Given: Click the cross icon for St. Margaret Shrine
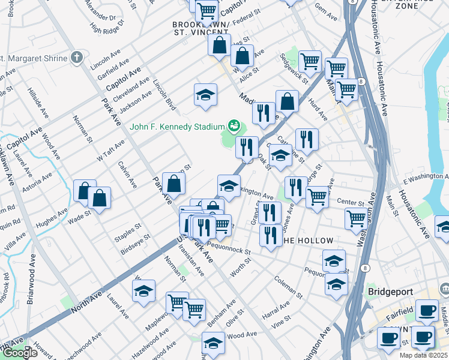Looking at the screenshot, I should (x=76, y=58).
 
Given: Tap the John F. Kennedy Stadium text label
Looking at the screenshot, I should (x=176, y=127).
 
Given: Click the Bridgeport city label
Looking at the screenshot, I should (x=390, y=292).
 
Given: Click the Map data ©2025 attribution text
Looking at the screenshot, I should (x=423, y=355).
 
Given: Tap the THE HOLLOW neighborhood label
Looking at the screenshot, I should (x=306, y=241).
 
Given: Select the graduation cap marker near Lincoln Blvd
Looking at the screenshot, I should (x=205, y=95).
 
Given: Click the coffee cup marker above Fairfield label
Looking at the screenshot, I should (x=427, y=311).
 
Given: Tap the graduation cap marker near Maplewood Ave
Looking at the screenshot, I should (x=143, y=292).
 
